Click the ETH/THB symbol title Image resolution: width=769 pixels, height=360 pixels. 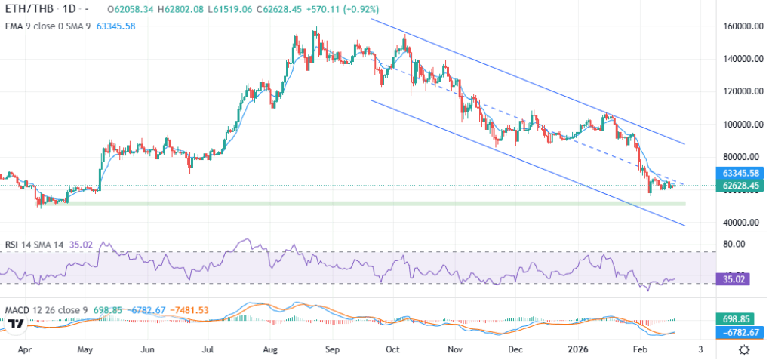coord(23,8)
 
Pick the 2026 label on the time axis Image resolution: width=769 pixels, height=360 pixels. coord(579,350)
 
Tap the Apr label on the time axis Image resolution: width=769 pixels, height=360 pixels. coord(25,350)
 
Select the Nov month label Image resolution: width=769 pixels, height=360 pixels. coord(454,350)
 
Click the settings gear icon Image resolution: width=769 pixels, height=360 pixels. coord(745,349)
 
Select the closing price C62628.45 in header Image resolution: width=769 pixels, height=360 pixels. coord(236,8)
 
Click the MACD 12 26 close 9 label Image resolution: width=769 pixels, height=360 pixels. coord(47,310)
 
